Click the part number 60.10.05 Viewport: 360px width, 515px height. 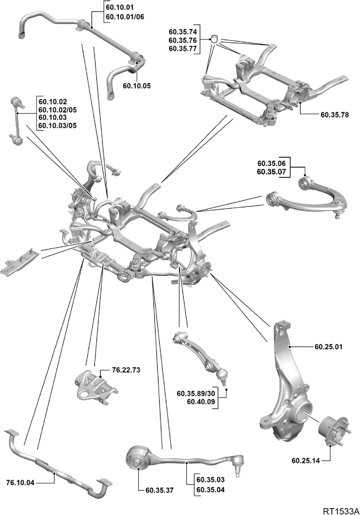pyautogui.click(x=137, y=86)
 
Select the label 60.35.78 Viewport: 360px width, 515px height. pyautogui.click(x=335, y=115)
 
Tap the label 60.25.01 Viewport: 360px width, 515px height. pyautogui.click(x=328, y=347)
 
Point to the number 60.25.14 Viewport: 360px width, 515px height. pyautogui.click(x=305, y=460)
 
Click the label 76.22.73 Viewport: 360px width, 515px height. pyautogui.click(x=126, y=370)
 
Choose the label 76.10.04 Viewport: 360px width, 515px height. pyautogui.click(x=20, y=482)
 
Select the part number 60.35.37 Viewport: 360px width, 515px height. pyautogui.click(x=160, y=490)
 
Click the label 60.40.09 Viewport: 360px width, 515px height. pyautogui.click(x=201, y=401)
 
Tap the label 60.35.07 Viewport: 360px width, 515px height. pyautogui.click(x=271, y=171)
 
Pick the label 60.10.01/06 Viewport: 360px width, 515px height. pyautogui.click(x=125, y=16)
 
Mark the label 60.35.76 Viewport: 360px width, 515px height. pyautogui.click(x=183, y=40)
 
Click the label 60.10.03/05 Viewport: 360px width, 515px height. pyautogui.click(x=57, y=126)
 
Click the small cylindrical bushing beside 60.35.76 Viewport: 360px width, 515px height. pyautogui.click(x=215, y=39)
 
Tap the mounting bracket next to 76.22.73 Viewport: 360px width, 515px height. pyautogui.click(x=95, y=387)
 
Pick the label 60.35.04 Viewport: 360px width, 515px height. pyautogui.click(x=211, y=490)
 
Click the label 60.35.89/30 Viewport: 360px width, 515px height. pyautogui.click(x=196, y=394)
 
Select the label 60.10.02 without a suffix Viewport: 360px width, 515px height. pyautogui.click(x=53, y=102)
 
